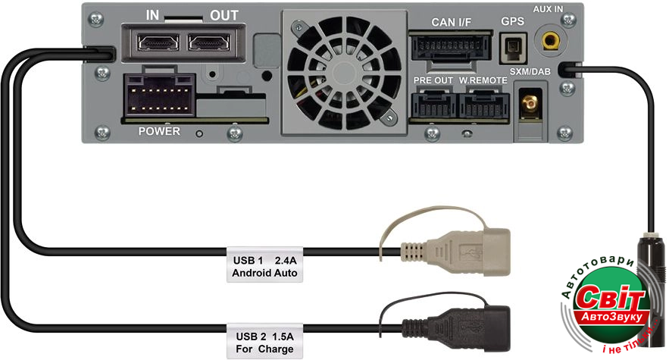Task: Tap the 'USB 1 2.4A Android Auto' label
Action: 265,265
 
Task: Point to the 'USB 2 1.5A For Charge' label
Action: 265,342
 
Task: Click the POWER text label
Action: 159,132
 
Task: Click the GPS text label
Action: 513,23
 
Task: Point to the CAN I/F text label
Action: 451,22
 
